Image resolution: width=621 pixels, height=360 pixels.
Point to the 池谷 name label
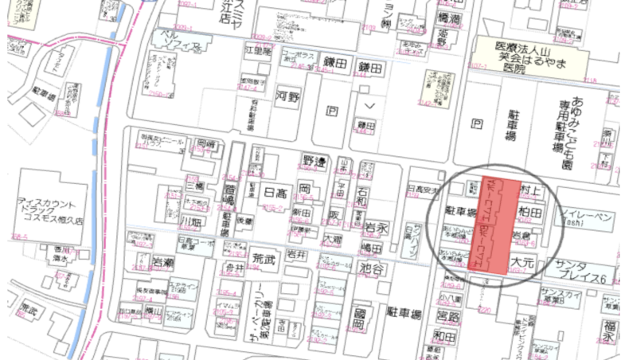(373, 268)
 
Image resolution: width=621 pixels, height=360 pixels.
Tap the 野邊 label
(315, 161)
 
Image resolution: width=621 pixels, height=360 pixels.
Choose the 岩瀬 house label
(162, 263)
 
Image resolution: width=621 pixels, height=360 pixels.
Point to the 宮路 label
(449, 317)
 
